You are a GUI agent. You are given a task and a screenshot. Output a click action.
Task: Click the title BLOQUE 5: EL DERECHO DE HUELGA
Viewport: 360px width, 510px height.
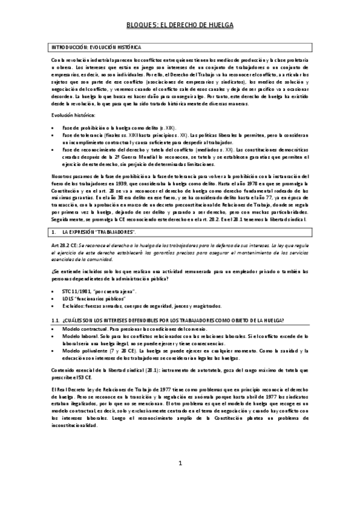click(x=180, y=25)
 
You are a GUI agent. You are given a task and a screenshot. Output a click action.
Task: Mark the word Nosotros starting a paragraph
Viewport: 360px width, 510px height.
click(x=61, y=176)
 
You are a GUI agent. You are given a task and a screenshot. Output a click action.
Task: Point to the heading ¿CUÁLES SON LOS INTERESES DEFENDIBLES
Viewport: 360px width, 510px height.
click(x=174, y=319)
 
